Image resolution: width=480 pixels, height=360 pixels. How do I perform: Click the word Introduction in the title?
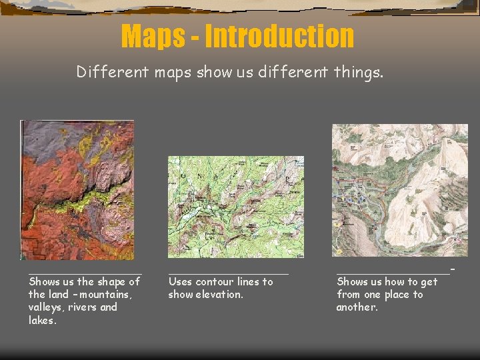point(279,37)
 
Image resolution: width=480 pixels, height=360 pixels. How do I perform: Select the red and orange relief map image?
point(77,189)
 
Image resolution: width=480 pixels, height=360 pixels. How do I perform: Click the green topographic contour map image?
point(235,207)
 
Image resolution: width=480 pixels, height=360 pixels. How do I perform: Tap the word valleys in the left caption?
point(46,307)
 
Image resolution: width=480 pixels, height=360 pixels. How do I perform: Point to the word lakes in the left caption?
point(43,320)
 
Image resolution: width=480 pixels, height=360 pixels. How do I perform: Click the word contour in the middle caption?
point(215,282)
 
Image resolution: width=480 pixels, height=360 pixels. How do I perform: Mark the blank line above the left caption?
point(84,271)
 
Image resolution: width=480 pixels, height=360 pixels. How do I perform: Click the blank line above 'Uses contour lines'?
point(229,272)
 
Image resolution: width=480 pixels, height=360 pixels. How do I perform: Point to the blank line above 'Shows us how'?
point(393,271)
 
